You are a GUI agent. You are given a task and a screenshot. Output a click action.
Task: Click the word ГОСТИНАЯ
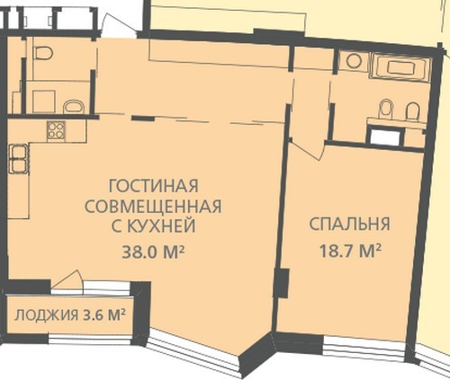click(153, 186)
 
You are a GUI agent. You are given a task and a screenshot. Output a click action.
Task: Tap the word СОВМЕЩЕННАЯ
click(153, 206)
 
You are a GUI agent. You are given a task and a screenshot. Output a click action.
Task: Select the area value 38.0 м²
click(153, 252)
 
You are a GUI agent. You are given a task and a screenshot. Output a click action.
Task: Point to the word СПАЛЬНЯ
click(349, 224)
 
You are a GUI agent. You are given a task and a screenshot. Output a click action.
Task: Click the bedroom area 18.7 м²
click(350, 251)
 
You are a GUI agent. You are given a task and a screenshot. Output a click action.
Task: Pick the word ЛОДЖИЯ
click(46, 315)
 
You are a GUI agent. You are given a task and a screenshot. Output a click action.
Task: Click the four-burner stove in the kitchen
click(56, 130)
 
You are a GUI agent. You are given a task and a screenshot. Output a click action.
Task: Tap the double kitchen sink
click(19, 159)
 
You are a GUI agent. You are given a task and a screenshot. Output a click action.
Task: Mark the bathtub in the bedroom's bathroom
click(401, 66)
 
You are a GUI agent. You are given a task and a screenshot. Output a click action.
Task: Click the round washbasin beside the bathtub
click(354, 61)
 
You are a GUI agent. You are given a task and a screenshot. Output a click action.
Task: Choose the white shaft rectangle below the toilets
click(385, 137)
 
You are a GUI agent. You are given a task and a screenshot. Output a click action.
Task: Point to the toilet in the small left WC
click(44, 53)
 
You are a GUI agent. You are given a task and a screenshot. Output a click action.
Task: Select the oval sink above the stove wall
click(74, 107)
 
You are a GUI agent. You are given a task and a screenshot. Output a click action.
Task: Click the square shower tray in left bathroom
click(44, 102)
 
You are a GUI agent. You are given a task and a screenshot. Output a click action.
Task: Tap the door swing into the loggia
click(67, 280)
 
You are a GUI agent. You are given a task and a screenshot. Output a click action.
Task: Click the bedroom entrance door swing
click(308, 148)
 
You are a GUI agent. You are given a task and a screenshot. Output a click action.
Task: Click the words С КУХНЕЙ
click(153, 226)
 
